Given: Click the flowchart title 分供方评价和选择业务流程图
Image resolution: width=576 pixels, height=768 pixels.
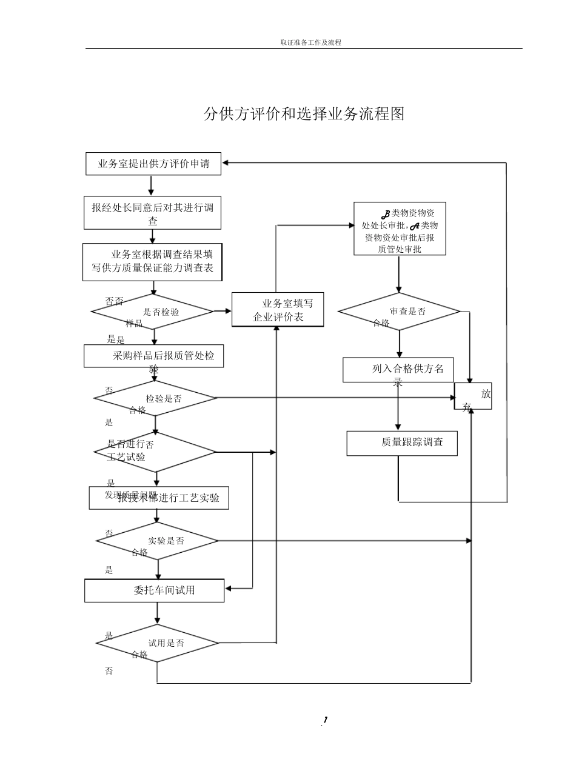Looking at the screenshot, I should (x=304, y=114).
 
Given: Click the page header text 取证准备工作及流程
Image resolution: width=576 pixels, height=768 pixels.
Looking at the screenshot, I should (x=310, y=42).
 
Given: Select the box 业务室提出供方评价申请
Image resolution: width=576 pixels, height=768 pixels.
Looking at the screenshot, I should (x=153, y=164).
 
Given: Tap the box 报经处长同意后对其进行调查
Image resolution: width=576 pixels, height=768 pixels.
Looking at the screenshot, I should (x=153, y=213).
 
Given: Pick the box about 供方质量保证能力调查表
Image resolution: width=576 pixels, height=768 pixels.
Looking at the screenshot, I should (x=153, y=262).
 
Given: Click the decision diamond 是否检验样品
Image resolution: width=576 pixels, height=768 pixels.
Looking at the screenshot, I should (x=153, y=312).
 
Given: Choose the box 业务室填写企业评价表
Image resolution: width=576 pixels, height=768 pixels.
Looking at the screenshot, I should (x=278, y=310).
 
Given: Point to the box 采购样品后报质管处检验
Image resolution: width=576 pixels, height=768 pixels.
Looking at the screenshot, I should (x=154, y=356).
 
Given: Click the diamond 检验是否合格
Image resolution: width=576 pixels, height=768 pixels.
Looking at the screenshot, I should (x=155, y=398).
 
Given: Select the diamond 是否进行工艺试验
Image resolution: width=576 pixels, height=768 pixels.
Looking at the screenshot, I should (x=155, y=452).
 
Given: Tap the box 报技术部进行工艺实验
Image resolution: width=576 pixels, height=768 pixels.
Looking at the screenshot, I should (x=159, y=498).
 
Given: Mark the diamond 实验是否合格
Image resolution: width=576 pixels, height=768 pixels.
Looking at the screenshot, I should (x=158, y=541).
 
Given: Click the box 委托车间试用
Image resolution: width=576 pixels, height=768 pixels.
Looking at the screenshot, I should (x=155, y=590).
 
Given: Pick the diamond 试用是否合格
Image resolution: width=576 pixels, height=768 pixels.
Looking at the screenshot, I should (x=158, y=643).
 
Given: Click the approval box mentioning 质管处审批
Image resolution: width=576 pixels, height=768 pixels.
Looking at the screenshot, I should (x=400, y=229).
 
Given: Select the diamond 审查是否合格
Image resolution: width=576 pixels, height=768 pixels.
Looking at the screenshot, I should (x=400, y=312).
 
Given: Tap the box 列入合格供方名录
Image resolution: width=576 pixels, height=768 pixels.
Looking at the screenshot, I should (x=398, y=370).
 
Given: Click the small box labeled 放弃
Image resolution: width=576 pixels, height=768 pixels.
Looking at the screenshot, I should (x=474, y=396).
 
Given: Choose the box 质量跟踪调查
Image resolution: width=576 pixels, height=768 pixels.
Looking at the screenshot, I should (x=402, y=443).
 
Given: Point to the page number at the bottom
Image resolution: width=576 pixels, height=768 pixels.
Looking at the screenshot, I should (x=325, y=720).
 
